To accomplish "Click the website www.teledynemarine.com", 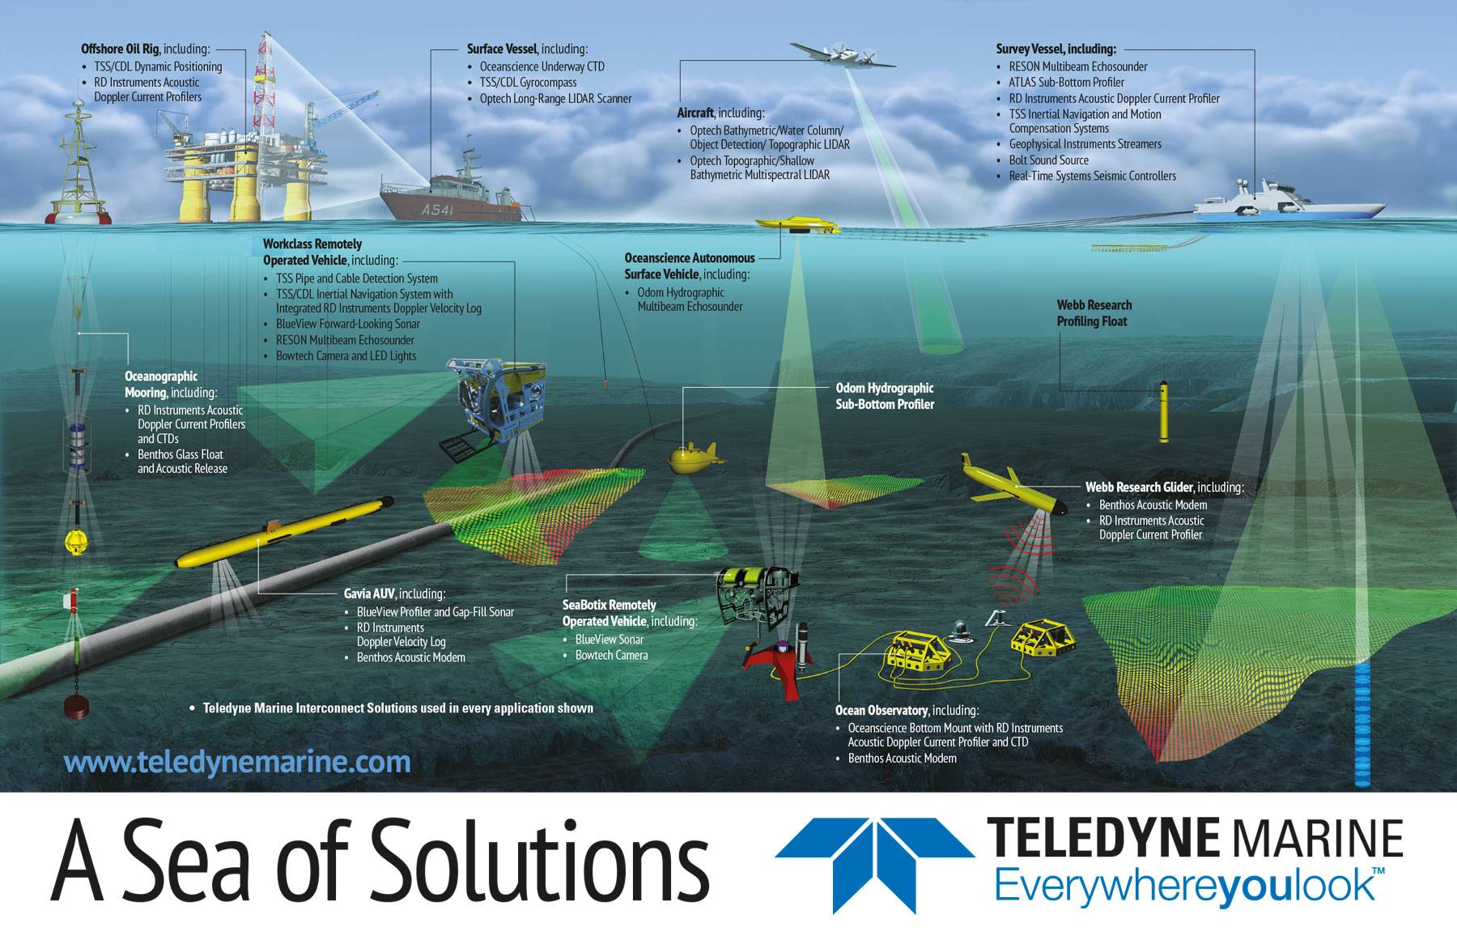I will tap(236, 762).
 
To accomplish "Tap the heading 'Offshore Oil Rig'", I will tap(120, 49).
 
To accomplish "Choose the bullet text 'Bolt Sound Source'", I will tap(1048, 160).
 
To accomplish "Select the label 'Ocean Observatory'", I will tap(881, 711).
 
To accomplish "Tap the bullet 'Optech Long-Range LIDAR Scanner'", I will tap(555, 99).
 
